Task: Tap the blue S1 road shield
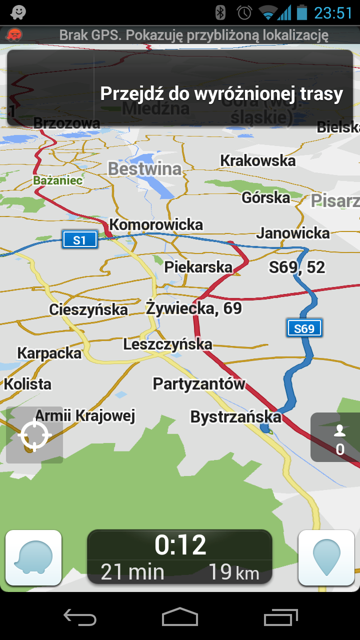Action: (79, 240)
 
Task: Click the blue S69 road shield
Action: (304, 328)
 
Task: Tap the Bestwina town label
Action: (144, 169)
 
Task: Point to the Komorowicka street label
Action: (156, 225)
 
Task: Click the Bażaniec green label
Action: (58, 180)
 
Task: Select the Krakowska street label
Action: (258, 160)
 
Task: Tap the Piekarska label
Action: (198, 267)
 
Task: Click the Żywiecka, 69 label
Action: (194, 308)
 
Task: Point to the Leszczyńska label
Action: (167, 344)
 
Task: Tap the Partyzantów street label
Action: (199, 383)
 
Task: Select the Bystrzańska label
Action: (236, 416)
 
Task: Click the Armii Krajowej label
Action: (85, 415)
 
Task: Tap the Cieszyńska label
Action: (88, 309)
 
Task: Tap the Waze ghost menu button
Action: (33, 557)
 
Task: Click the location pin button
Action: (326, 557)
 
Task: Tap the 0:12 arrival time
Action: (180, 544)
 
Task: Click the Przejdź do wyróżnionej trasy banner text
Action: (221, 94)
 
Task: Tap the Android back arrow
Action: (80, 618)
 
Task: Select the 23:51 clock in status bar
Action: (333, 12)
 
